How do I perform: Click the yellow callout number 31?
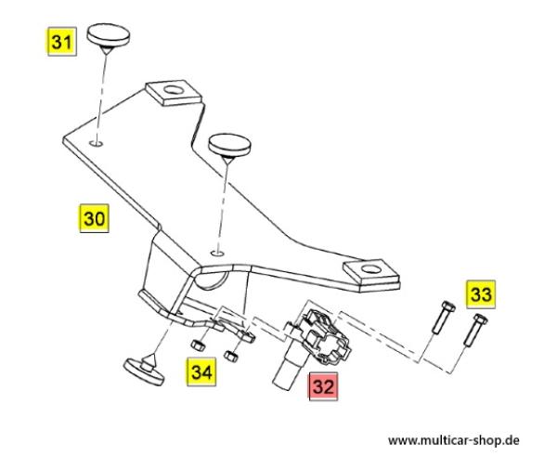click(60, 42)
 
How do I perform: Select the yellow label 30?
click(94, 219)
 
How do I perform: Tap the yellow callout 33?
click(481, 295)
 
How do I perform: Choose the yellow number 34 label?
click(202, 372)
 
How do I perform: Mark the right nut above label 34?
click(238, 352)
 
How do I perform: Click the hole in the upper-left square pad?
click(171, 91)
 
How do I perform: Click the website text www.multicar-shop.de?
click(453, 439)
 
